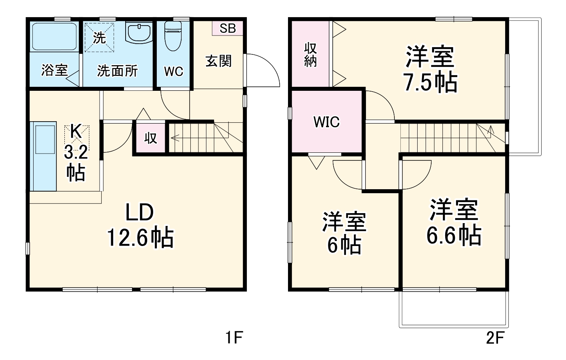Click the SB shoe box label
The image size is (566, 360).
coord(227,28)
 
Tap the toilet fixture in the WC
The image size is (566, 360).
coord(173,35)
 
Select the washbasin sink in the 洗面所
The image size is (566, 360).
coord(139,32)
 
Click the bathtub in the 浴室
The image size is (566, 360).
coord(54,37)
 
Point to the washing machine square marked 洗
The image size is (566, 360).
coord(100,37)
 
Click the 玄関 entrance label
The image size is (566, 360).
coord(218,61)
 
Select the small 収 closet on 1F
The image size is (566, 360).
coord(150,138)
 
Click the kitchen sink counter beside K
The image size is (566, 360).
coord(44,156)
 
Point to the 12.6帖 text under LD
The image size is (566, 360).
coord(140,238)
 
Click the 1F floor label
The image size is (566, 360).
coord(233,338)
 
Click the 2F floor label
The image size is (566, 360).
coord(494,338)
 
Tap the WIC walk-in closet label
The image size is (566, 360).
coord(326,122)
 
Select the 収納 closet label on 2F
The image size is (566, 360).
coord(310,55)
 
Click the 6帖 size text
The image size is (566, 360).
coord(344,245)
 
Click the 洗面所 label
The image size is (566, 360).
coord(117,71)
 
